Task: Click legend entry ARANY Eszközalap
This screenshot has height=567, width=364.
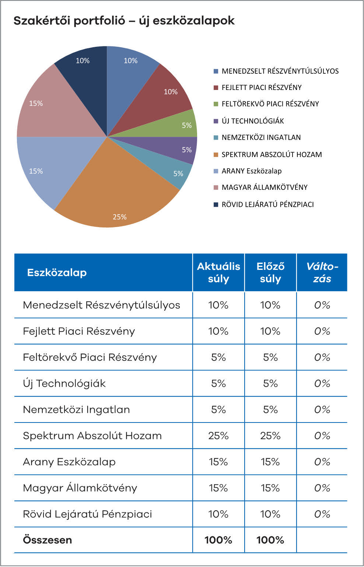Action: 251,171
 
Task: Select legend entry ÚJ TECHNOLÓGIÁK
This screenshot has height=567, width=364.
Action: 252,121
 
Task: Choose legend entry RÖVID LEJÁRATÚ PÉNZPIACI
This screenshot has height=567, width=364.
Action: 267,205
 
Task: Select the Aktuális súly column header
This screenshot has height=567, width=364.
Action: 218,272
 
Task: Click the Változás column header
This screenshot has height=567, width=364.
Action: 322,272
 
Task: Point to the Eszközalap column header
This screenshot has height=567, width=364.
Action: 57,273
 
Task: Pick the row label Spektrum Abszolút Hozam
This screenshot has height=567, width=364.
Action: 92,436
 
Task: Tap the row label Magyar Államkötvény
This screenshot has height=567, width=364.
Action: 80,488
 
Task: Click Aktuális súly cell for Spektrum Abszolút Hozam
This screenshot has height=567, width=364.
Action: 218,436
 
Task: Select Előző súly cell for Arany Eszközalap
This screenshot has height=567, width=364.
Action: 270,462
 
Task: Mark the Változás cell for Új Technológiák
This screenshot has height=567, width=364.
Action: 322,383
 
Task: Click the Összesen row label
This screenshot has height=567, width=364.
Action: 48,540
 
